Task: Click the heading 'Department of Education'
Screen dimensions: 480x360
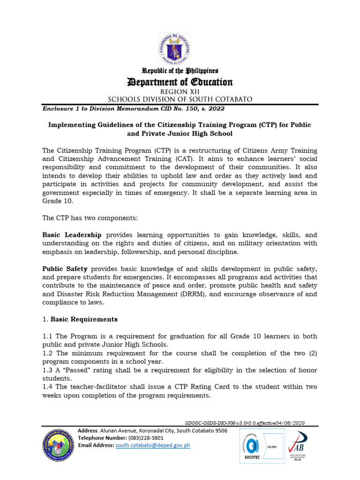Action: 180,82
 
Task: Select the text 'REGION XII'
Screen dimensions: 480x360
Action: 180,92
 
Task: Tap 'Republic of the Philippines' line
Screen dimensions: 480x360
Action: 180,71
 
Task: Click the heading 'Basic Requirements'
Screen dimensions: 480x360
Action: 84,319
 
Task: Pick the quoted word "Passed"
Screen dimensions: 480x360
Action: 75,370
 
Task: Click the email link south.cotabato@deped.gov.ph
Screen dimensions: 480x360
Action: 152,445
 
